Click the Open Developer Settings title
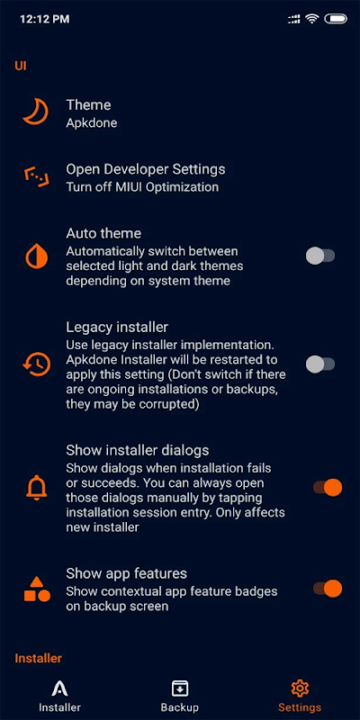tap(146, 169)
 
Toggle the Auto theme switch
tap(320, 256)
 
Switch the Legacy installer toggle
tap(320, 364)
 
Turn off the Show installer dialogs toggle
tap(328, 487)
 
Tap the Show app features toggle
tap(328, 589)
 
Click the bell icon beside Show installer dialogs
tap(37, 487)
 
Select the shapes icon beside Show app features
tap(37, 589)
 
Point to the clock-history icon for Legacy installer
tap(37, 364)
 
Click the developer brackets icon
tap(37, 177)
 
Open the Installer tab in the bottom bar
tap(59, 697)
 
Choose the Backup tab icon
tap(179, 688)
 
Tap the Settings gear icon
tap(300, 688)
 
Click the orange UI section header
tap(21, 66)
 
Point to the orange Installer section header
tap(39, 658)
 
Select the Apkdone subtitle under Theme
tap(92, 123)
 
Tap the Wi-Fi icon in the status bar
tap(312, 19)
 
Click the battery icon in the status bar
tap(336, 19)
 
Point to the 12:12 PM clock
tap(44, 19)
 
